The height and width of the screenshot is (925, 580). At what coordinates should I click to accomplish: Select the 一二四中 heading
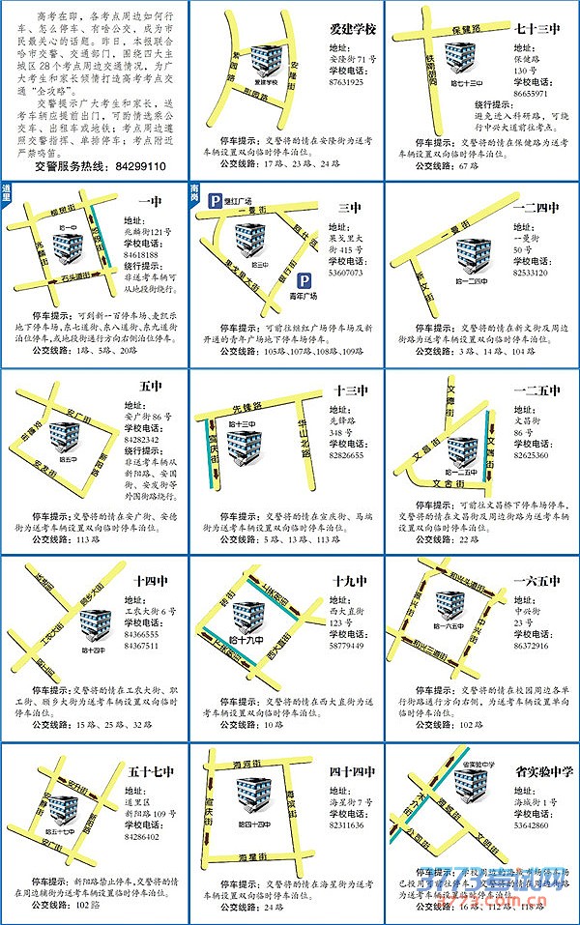[536, 207]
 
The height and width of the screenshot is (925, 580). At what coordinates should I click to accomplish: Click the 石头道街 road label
[68, 277]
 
